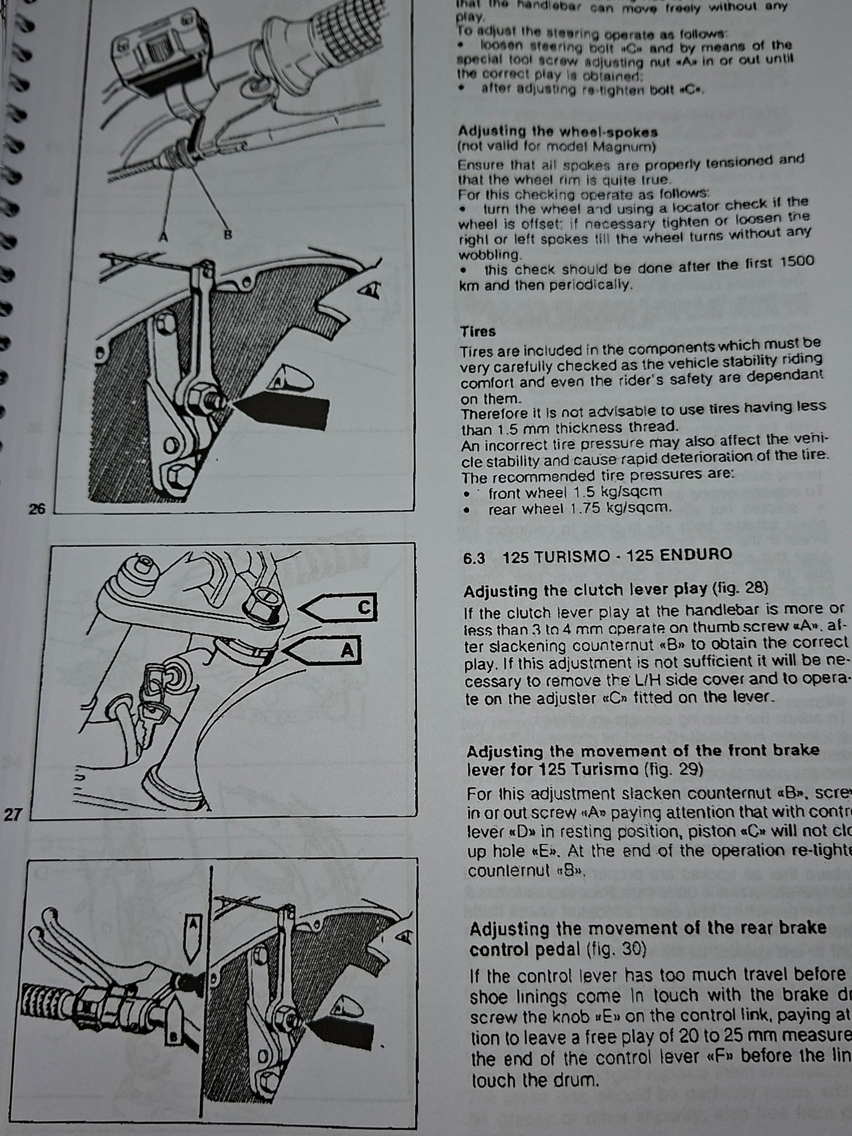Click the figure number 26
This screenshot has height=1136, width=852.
click(37, 509)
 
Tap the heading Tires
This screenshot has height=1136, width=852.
click(478, 332)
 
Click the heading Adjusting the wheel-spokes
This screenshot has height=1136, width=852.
click(557, 131)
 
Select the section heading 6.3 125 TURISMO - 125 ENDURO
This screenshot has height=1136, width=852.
click(597, 555)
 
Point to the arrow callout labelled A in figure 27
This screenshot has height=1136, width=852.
click(324, 651)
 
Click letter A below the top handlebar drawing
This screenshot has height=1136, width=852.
click(163, 237)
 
